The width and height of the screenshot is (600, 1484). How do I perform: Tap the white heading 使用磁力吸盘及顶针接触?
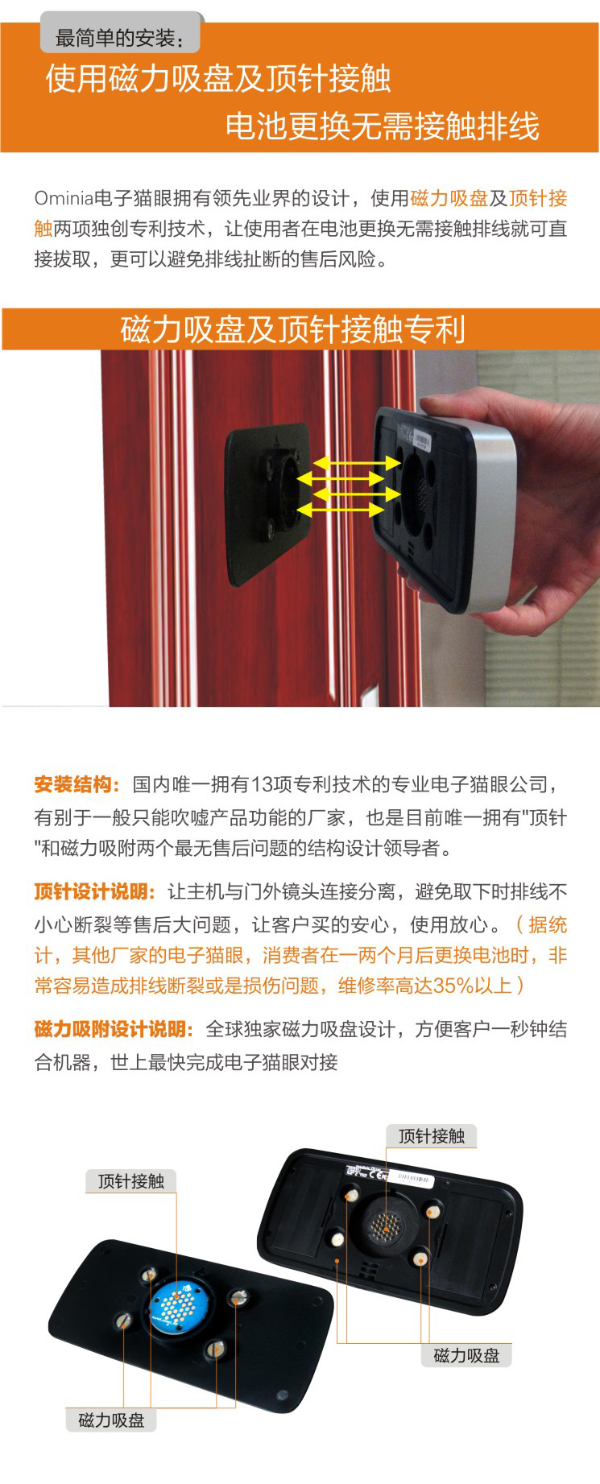pos(218,79)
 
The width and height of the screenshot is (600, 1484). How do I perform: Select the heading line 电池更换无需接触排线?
pos(382,126)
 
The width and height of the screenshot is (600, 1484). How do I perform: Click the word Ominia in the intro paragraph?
pos(64,199)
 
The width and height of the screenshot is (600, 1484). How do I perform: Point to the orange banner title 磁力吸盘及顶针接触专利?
pos(293,329)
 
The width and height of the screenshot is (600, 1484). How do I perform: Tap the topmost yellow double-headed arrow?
pos(356,463)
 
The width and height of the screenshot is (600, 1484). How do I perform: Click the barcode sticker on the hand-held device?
pos(422,440)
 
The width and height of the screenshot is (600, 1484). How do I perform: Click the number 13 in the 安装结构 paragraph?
pos(262,784)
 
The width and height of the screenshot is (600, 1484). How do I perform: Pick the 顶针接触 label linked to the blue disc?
pos(131,1181)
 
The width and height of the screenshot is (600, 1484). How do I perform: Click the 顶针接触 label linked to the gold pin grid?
pos(432,1136)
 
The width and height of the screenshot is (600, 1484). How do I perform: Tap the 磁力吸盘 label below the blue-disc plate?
pos(111,1420)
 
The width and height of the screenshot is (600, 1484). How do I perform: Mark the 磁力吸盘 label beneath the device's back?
pos(467,1355)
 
